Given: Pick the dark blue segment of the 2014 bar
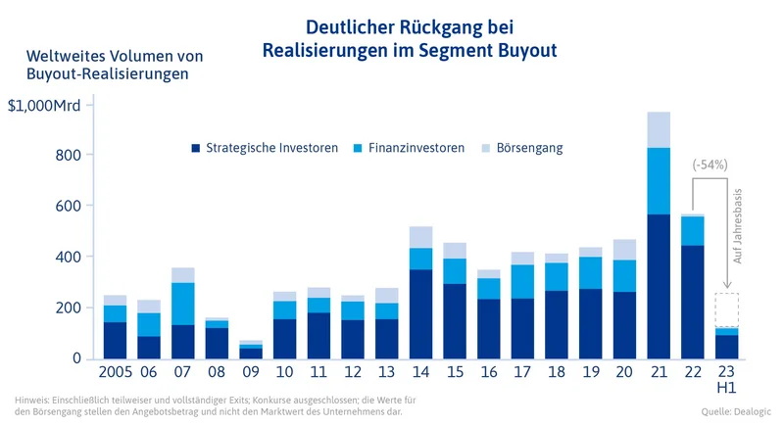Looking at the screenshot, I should coord(420,313).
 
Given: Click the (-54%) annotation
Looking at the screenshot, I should coord(709,165).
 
